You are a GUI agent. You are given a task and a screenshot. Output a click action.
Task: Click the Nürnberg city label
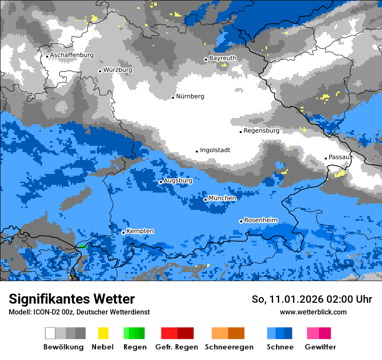tap(190, 96)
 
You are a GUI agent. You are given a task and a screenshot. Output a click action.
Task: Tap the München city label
tap(222, 198)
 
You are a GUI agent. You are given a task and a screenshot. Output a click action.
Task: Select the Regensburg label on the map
tap(261, 131)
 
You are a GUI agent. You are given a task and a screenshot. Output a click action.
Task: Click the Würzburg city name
tap(118, 70)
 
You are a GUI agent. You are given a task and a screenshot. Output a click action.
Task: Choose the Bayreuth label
tap(223, 58)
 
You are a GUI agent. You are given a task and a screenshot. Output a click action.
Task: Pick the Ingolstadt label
tap(215, 150)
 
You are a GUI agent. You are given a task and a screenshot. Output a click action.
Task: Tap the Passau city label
tap(339, 157)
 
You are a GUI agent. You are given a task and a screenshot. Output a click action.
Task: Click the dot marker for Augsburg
tap(161, 182)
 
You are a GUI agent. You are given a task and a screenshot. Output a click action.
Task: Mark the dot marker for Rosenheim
tap(241, 221)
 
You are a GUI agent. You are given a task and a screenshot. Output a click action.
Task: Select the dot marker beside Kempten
tap(123, 232)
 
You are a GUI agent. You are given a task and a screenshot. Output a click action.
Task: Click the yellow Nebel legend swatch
tap(103, 333)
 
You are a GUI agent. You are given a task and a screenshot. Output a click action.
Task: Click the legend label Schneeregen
tap(229, 347)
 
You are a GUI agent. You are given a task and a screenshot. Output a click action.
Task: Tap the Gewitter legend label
tap(320, 347)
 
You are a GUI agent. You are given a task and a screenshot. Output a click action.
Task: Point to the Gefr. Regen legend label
tap(177, 347)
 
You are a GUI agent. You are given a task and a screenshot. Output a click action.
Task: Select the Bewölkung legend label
tap(63, 347)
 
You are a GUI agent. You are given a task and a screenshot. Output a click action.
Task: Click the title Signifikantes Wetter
tap(72, 299)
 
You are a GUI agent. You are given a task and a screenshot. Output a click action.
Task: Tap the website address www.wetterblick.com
tap(313, 312)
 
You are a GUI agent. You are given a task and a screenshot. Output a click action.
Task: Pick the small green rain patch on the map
tap(82, 246)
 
